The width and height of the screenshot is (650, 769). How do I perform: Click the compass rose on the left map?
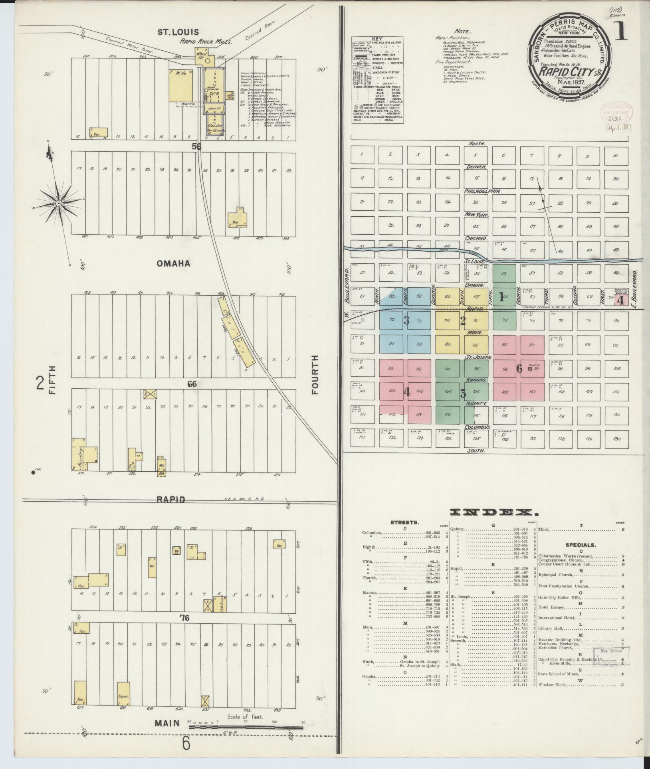coord(59,204)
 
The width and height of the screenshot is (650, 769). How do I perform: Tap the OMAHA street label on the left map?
coord(173,264)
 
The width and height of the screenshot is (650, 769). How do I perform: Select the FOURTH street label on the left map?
coord(316,375)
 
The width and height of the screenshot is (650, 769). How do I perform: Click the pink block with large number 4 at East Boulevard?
coord(620,301)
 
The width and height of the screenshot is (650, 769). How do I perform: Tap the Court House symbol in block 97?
coord(530,369)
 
